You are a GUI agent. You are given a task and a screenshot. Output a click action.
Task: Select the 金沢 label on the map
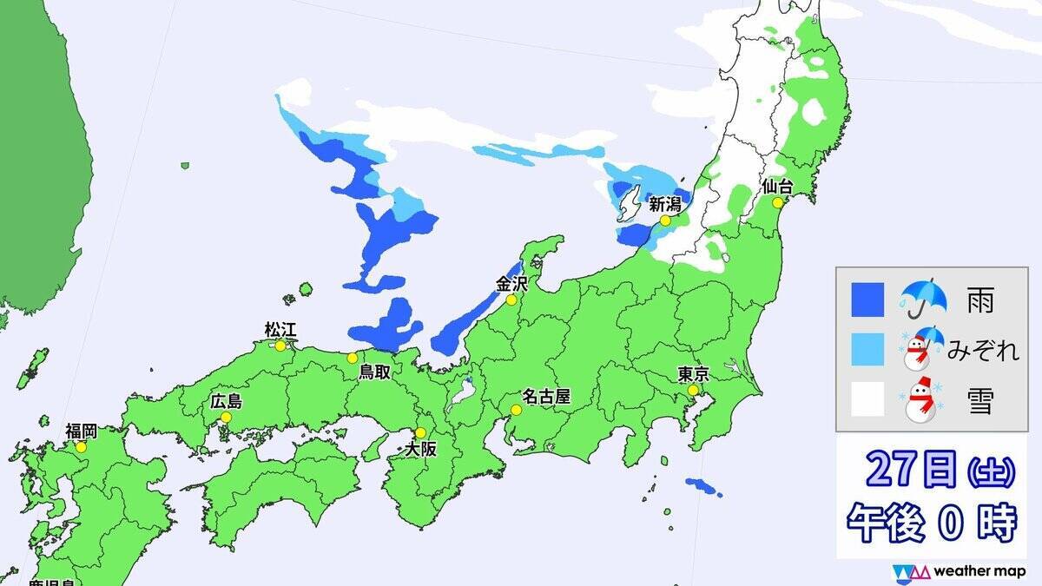point(511,283)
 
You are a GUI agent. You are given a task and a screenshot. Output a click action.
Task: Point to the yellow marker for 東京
point(693,391)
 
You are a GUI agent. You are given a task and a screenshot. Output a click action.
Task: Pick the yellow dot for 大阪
point(421,432)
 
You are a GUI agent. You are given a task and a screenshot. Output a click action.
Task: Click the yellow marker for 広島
point(226,417)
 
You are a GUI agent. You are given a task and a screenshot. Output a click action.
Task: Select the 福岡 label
point(81,431)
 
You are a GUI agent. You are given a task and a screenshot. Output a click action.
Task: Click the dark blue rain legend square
point(867,300)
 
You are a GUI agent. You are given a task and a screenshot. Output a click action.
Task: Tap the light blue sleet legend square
point(867,350)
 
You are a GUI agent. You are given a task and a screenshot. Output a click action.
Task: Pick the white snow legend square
point(867,399)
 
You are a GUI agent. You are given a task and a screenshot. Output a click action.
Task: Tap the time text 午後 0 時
point(931,523)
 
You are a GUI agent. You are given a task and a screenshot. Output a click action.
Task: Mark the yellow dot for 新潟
point(664,221)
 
